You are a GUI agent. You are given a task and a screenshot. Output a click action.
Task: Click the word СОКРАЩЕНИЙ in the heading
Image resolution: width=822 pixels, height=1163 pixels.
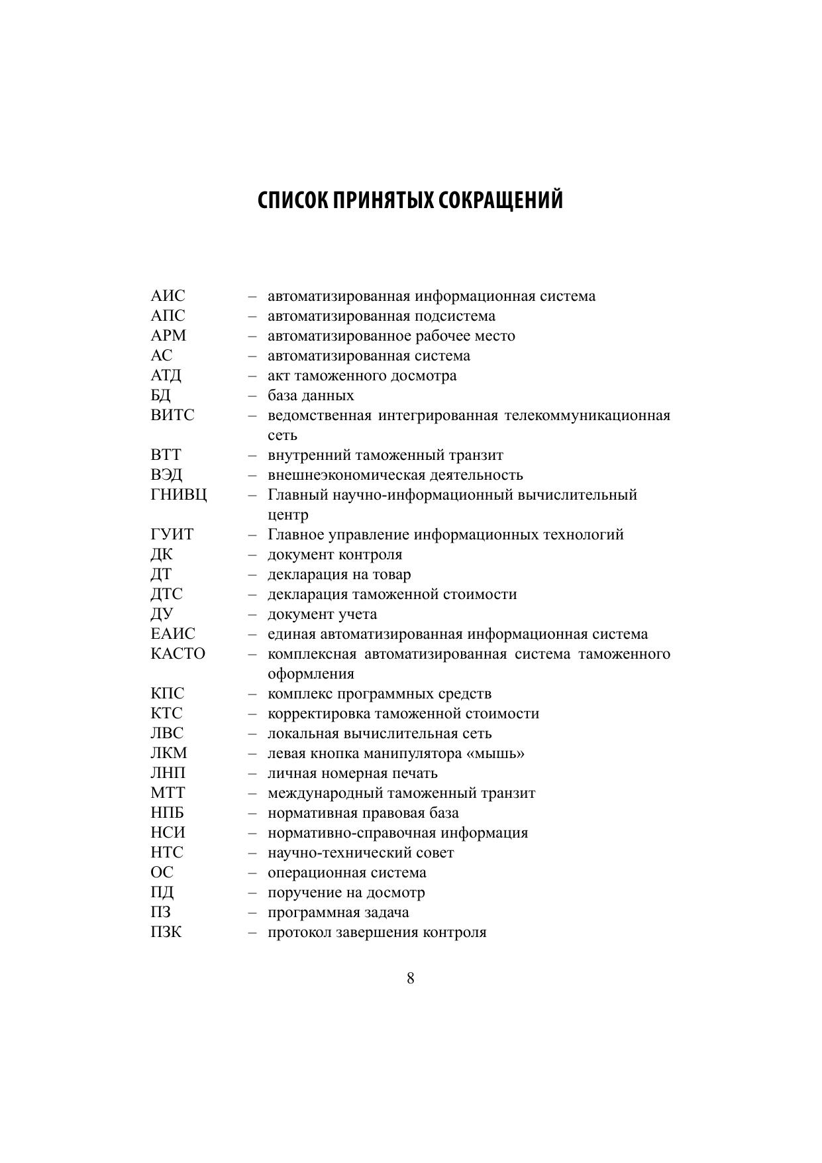tap(502, 200)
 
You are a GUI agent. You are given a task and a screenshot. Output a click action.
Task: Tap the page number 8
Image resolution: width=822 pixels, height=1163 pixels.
tap(411, 978)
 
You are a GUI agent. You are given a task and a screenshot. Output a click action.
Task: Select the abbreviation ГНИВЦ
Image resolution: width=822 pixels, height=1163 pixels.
tap(179, 495)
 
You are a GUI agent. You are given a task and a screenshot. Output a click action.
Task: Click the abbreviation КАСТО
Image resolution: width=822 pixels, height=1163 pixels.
tap(178, 654)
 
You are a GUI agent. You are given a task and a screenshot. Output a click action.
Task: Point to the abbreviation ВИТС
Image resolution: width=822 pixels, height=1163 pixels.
tap(173, 415)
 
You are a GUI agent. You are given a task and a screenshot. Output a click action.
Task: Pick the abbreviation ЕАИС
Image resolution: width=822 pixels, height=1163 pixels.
tap(173, 634)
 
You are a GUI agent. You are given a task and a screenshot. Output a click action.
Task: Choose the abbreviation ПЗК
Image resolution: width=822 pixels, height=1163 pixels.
tap(166, 932)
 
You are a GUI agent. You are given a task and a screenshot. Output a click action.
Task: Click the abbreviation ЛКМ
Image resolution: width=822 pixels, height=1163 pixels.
tap(169, 753)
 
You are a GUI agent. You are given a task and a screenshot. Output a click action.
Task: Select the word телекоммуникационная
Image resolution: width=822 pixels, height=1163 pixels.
tap(588, 415)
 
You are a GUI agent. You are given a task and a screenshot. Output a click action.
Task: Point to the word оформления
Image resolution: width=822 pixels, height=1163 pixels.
tap(311, 674)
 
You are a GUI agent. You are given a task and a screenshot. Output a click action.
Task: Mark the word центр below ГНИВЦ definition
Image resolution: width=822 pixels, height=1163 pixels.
tap(288, 515)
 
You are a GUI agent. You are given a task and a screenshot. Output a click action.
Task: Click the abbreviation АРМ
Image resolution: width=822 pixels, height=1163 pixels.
tap(169, 336)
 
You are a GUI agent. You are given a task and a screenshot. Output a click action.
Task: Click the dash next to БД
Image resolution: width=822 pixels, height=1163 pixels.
tap(252, 396)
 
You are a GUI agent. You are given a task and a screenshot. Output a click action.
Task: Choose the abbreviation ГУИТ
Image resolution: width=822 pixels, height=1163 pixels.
tap(172, 535)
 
